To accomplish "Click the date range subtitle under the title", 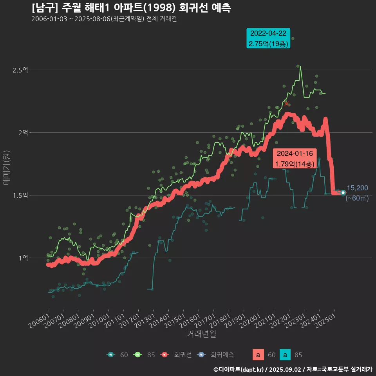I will pos(104,19).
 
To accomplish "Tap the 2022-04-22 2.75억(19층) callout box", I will pos(268,38).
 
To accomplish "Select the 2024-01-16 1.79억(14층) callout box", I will pos(295,159).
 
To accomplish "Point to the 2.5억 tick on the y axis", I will pos(20,70).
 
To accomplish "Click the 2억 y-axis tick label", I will pos(23,133).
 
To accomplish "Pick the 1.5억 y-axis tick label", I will pos(20,195).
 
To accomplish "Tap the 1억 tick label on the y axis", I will pos(23,258).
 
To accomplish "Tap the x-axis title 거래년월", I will pos(201,334).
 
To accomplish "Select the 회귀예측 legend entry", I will pos(216,355).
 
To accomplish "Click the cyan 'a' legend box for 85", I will pos(285,355).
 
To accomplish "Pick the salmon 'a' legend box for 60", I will pos(258,355).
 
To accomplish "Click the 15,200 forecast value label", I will pos(357,188).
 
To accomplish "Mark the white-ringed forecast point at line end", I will pos(343,193).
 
